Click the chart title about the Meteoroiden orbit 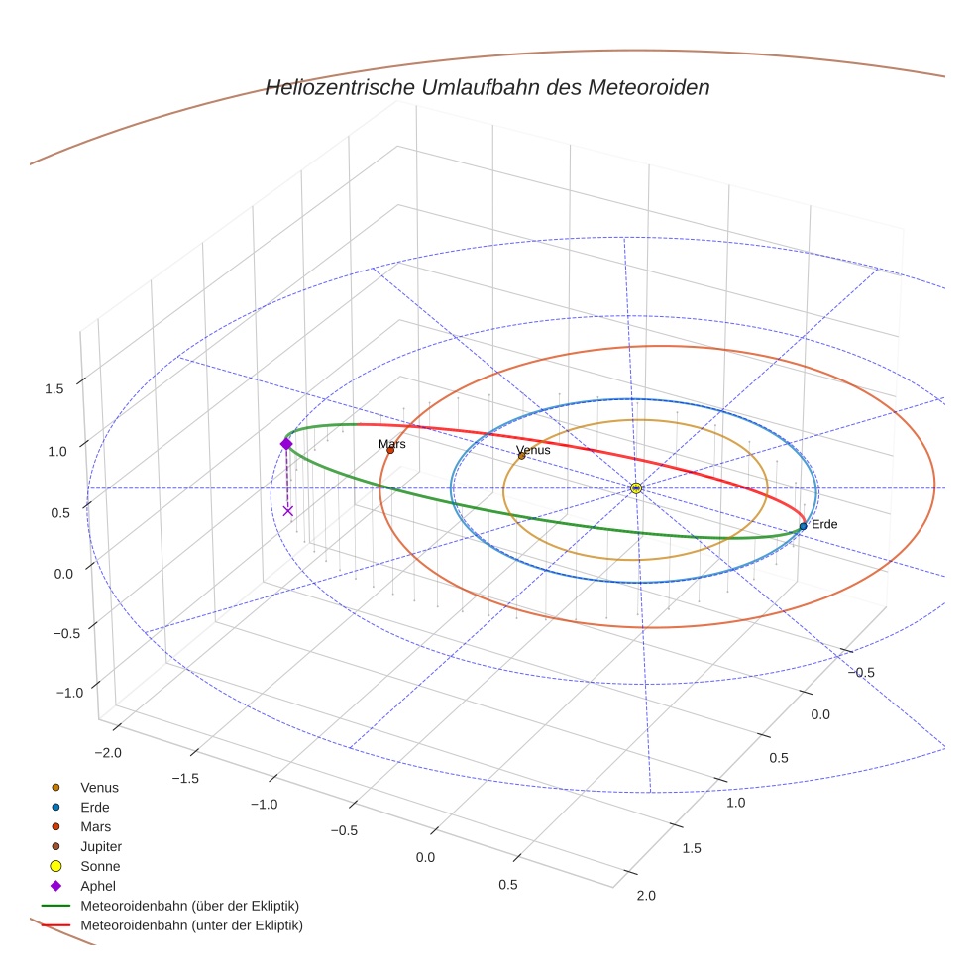point(487,87)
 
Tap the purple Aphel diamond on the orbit point(286,444)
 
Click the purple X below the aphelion point(288,511)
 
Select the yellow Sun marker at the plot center point(636,488)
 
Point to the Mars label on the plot point(392,444)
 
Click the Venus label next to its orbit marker point(533,450)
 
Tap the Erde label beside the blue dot point(824,524)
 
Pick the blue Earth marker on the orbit point(803,526)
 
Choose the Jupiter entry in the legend point(100,846)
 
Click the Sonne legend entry point(100,866)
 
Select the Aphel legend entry point(98,886)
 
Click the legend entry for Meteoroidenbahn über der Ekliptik point(189,906)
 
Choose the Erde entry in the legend point(94,807)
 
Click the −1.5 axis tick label point(185,778)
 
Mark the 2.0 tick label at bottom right point(645,896)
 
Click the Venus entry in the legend point(99,787)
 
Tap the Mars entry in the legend point(95,826)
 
